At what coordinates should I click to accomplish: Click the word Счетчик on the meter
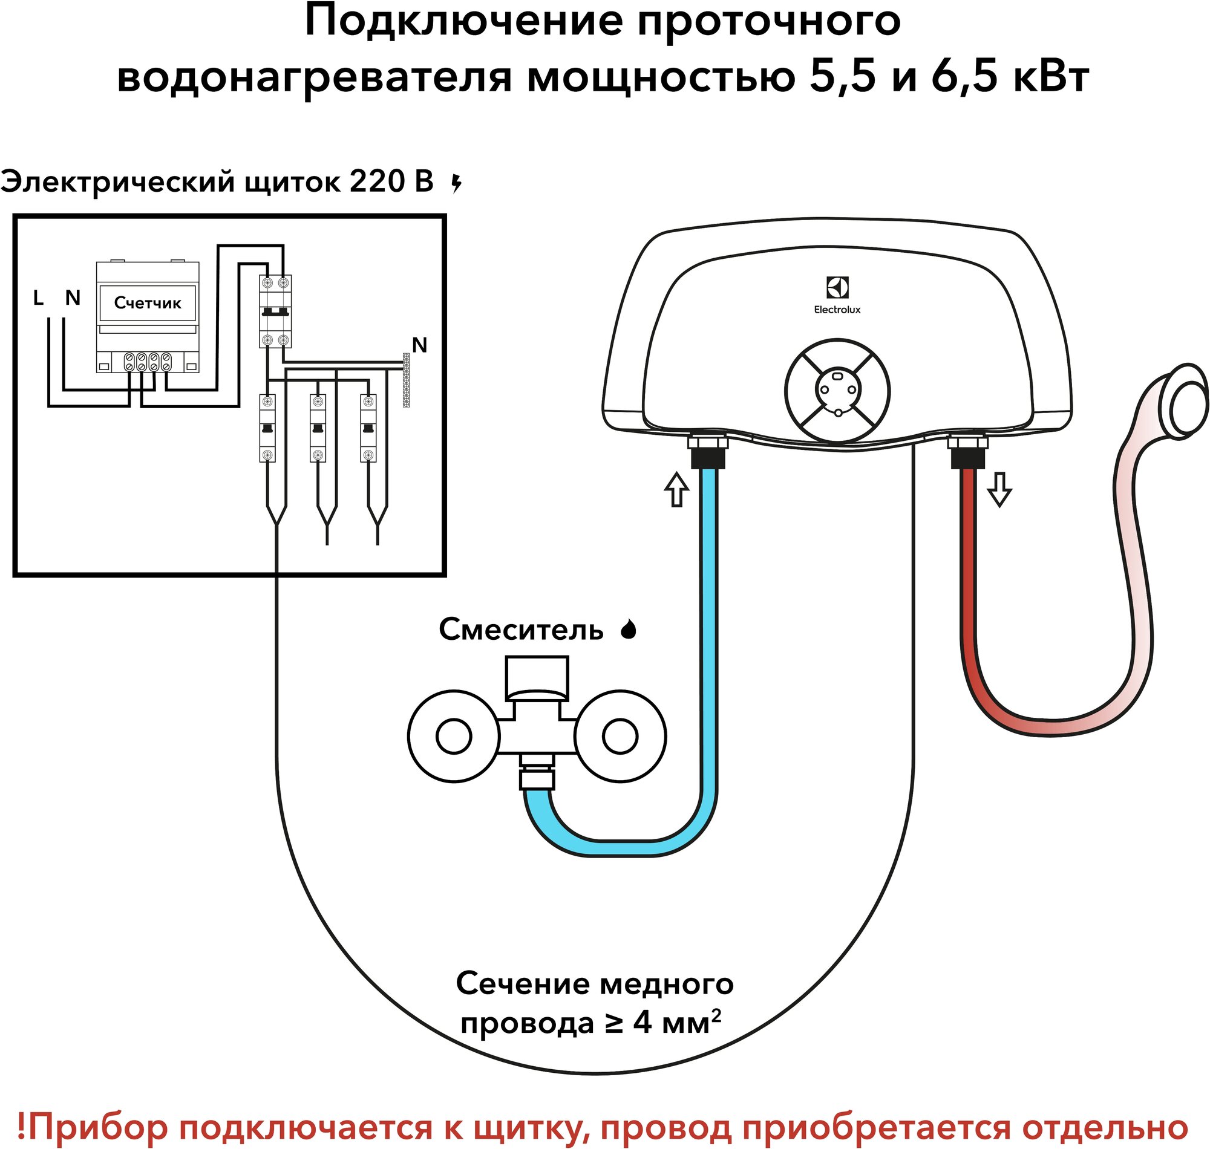(x=148, y=302)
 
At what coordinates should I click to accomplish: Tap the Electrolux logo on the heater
(x=837, y=288)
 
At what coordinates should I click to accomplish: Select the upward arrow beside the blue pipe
(x=676, y=489)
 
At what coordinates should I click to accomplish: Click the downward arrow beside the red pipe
(x=999, y=489)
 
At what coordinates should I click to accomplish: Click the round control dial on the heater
(x=837, y=390)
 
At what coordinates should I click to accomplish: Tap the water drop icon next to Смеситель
(x=629, y=630)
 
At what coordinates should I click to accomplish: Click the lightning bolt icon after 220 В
(x=456, y=183)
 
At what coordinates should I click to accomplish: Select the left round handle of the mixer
(x=453, y=736)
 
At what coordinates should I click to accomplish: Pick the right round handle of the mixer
(x=620, y=736)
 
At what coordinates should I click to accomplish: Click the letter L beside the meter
(x=38, y=298)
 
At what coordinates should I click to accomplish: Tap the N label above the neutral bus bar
(x=419, y=345)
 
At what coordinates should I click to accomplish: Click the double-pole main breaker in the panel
(x=275, y=311)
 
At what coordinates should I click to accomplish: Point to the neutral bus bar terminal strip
(x=405, y=380)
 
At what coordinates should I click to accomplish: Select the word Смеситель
(x=521, y=630)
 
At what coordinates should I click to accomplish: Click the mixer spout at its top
(x=537, y=676)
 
